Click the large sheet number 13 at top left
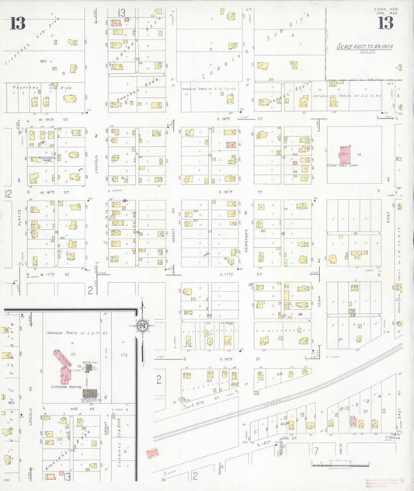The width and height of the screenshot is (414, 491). [17, 23]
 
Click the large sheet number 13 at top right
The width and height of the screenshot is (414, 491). [385, 23]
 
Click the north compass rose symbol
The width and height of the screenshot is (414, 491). [142, 326]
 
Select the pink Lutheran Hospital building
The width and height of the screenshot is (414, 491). [61, 362]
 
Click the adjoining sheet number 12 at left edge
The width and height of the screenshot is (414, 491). [8, 193]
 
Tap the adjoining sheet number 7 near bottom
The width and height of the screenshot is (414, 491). [316, 449]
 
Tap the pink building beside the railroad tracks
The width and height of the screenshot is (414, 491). [151, 452]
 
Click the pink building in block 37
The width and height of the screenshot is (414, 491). [353, 422]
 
